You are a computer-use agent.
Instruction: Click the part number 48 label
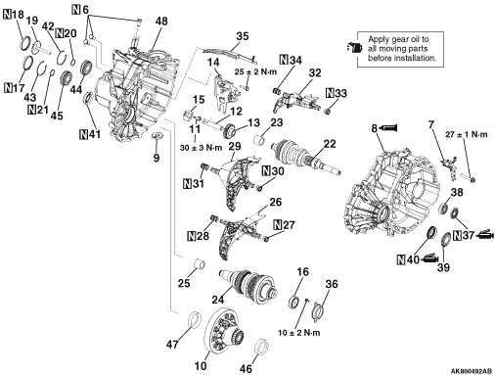pos(161,22)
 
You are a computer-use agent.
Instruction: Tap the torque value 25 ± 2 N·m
pos(255,71)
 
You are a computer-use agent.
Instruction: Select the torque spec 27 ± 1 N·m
pos(467,134)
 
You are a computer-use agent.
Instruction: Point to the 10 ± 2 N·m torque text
pos(298,333)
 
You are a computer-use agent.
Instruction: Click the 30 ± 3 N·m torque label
pos(201,148)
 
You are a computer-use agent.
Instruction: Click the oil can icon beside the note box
pos(355,48)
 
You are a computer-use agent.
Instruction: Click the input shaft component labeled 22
pos(305,156)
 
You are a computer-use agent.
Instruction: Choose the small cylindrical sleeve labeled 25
pos(200,264)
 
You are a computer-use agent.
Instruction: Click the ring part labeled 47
pos(196,319)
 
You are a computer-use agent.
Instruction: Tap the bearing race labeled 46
pos(261,347)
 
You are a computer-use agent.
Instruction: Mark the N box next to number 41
pos(84,134)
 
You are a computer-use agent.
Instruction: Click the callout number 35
pos(242,36)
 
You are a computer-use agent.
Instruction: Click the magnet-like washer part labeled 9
pos(157,135)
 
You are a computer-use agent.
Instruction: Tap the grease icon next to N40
pos(429,258)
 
